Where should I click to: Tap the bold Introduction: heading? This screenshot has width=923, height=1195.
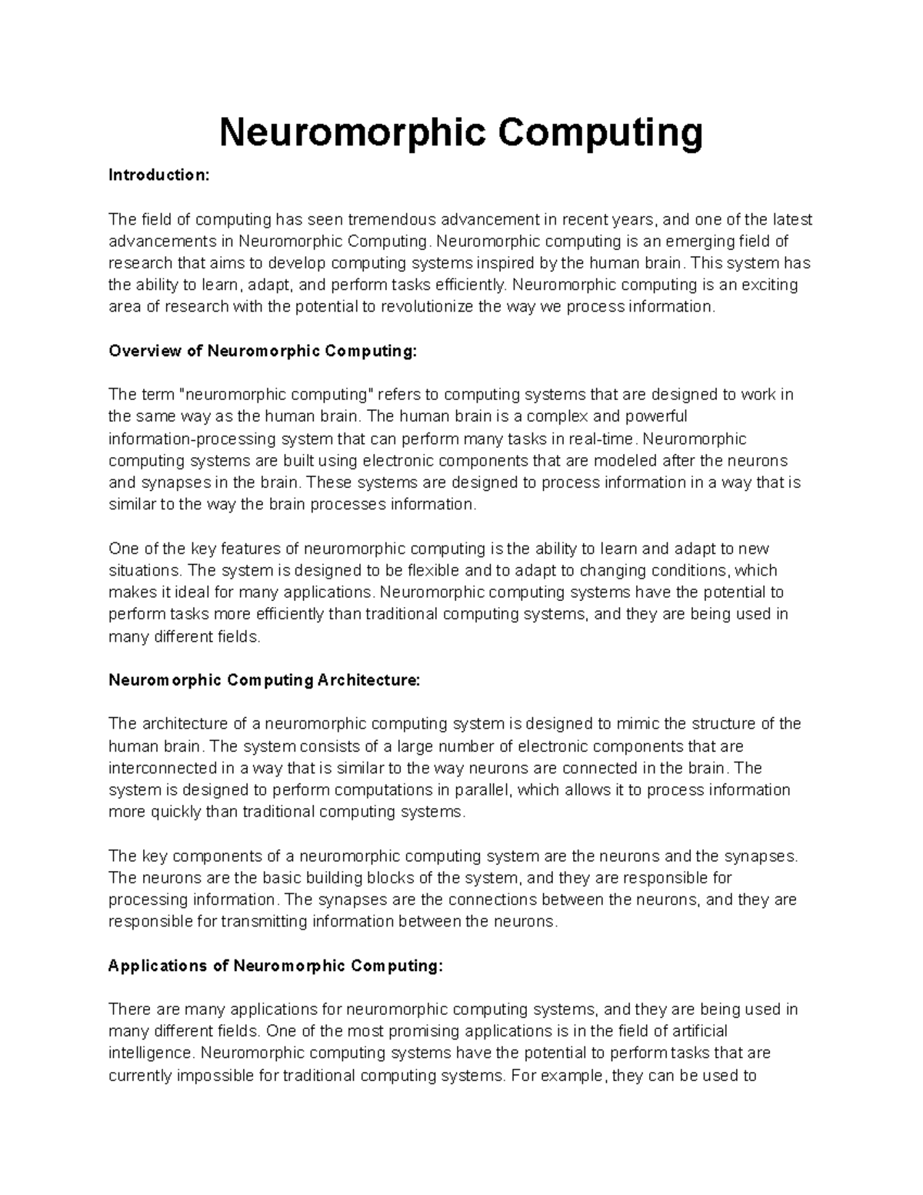coord(158,175)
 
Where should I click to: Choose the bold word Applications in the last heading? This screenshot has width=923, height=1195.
coord(157,966)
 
